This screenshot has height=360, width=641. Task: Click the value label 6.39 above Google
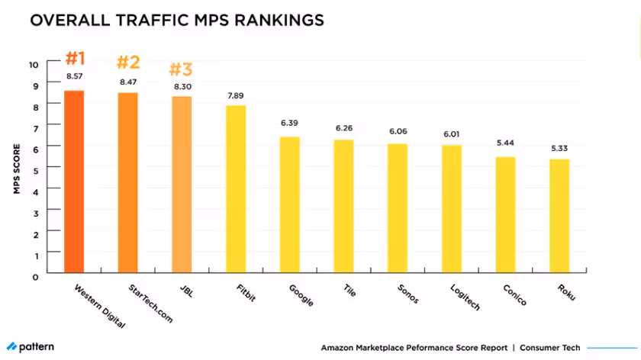click(x=289, y=123)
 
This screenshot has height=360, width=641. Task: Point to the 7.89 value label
click(x=236, y=95)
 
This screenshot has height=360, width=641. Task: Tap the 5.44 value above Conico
click(x=505, y=143)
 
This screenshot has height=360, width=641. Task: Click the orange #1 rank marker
click(x=74, y=58)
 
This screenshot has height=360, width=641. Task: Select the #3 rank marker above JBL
click(x=182, y=69)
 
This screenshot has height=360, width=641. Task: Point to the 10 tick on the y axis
click(x=34, y=64)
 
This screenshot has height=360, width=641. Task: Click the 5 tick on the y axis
click(x=34, y=167)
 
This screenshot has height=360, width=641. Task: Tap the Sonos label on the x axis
click(x=408, y=294)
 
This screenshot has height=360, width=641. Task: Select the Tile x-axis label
click(x=352, y=291)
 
